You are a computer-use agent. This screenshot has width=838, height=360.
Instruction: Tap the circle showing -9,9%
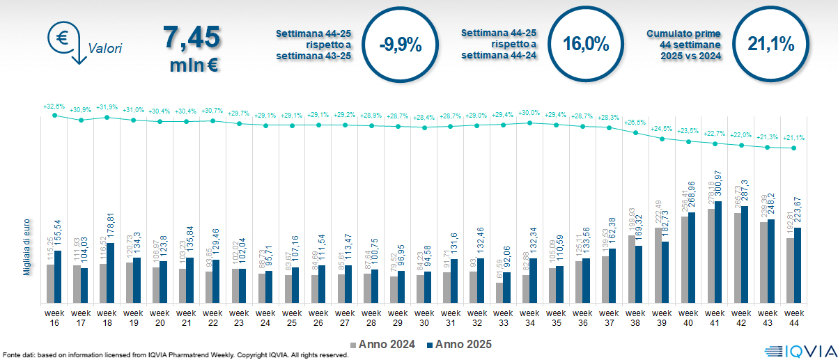point(401,45)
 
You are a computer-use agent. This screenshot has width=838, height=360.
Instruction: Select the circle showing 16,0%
point(586,45)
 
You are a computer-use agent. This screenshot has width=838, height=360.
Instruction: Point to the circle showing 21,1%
point(771,45)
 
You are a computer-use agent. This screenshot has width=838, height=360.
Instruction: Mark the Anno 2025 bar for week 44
point(798,265)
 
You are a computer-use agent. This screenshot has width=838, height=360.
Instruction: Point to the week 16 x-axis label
point(54,318)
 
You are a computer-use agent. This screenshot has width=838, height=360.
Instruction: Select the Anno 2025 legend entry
point(459,344)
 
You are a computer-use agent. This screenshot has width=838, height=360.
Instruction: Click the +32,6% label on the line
point(54,107)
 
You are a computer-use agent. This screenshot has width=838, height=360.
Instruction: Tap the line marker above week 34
point(530,123)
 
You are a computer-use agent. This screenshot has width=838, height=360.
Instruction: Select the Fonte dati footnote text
point(174,355)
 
